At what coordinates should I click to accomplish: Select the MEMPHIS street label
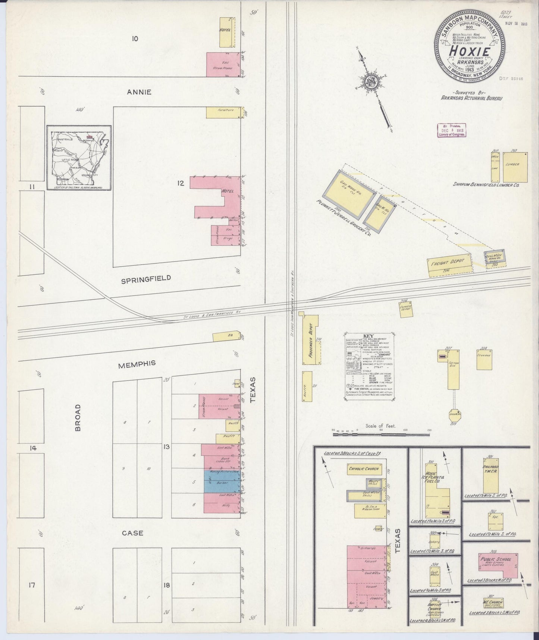point(137,364)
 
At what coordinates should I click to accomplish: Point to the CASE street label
point(133,533)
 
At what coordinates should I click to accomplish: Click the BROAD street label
point(78,417)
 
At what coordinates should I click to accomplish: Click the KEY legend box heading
point(368,335)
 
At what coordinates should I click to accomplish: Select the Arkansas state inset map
point(79,157)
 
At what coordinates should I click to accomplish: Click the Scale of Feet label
point(380,426)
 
